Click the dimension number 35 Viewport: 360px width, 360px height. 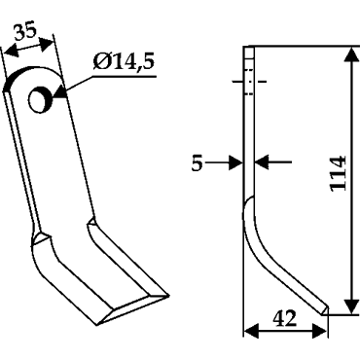coord(26,32)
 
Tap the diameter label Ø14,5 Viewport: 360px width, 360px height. coord(124,61)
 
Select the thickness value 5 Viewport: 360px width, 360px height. coord(197,162)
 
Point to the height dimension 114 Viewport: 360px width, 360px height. coord(339,173)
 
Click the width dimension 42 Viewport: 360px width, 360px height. coord(285,318)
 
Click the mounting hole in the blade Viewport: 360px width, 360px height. coord(40,99)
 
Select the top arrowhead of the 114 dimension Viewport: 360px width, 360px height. coord(351,56)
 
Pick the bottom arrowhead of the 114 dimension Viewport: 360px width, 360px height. coord(351,305)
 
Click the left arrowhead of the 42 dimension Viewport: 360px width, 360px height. coord(251,332)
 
